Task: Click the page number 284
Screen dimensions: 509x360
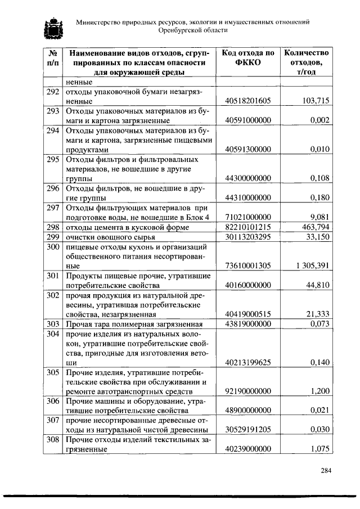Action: [x=326, y=470]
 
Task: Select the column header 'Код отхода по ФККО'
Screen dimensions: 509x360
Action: [x=247, y=57]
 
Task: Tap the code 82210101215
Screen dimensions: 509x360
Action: [x=247, y=227]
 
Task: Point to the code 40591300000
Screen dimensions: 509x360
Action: [x=247, y=150]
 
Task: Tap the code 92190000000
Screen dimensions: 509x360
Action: [x=247, y=391]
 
